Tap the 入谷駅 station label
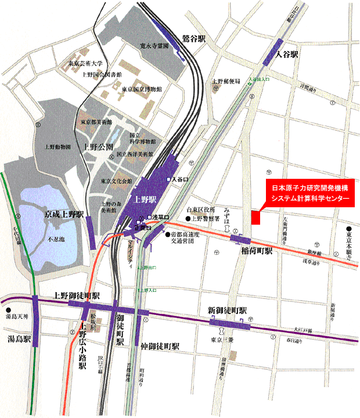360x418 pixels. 287,54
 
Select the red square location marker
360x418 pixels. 255,217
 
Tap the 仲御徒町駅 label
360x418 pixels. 160,345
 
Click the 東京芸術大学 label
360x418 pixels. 85,64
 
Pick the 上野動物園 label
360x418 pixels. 56,147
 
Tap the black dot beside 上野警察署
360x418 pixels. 189,219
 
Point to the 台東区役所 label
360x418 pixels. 200,209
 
